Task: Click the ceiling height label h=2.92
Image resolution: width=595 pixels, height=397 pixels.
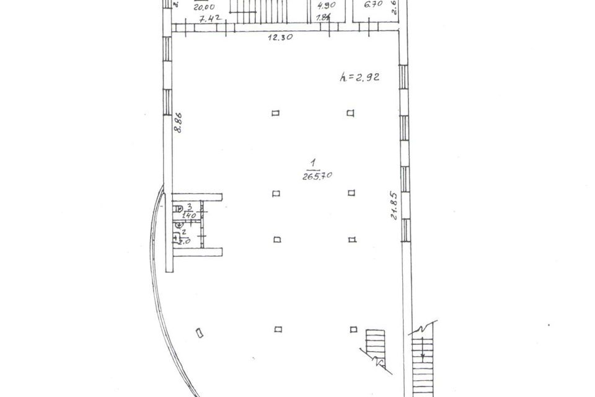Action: coord(359,78)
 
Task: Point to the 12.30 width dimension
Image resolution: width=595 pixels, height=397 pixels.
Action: coord(281,37)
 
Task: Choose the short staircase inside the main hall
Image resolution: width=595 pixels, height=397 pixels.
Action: coord(376,347)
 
